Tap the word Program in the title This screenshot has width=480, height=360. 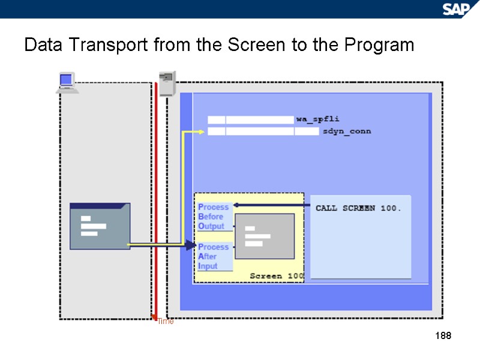tap(377, 45)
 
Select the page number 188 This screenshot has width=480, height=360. tap(443, 335)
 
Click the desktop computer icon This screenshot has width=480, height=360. tap(67, 83)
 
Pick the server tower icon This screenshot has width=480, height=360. tap(167, 83)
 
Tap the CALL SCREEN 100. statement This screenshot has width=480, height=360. tap(358, 208)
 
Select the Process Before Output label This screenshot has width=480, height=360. tap(214, 217)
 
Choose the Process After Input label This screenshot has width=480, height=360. tap(214, 256)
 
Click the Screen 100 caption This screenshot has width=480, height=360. tap(277, 276)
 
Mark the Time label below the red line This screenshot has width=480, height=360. tap(166, 322)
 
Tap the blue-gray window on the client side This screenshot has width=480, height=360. tap(100, 226)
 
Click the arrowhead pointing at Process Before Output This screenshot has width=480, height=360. tap(236, 205)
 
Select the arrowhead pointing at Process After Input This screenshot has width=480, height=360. tap(191, 245)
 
